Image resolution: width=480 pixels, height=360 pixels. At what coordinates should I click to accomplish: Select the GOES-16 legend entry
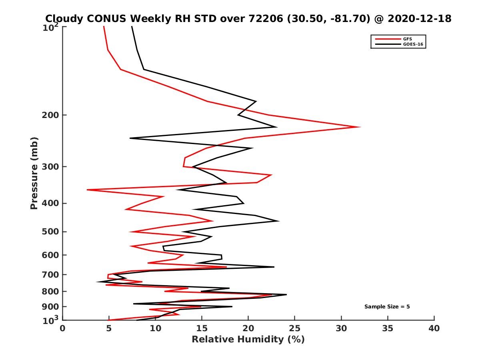(x=412, y=44)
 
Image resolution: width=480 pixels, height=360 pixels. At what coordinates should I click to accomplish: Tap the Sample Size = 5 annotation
(x=387, y=307)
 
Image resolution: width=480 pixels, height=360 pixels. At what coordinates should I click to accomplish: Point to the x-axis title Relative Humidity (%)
(x=248, y=340)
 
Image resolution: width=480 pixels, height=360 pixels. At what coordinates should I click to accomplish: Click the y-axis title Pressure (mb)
(x=34, y=173)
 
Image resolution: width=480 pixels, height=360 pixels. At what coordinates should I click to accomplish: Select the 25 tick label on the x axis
(x=295, y=328)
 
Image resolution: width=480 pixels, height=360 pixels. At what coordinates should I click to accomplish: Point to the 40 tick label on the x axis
(x=434, y=328)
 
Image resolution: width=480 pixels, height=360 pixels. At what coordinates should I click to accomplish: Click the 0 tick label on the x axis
(x=63, y=328)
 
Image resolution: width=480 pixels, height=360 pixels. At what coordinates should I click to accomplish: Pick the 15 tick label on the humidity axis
(x=202, y=328)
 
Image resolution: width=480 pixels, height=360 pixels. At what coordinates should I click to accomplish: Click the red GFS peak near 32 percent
(x=360, y=127)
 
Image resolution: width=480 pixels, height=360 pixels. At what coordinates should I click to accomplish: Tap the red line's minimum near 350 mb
(x=88, y=190)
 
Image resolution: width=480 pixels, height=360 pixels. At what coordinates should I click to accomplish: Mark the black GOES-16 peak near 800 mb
(x=286, y=295)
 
